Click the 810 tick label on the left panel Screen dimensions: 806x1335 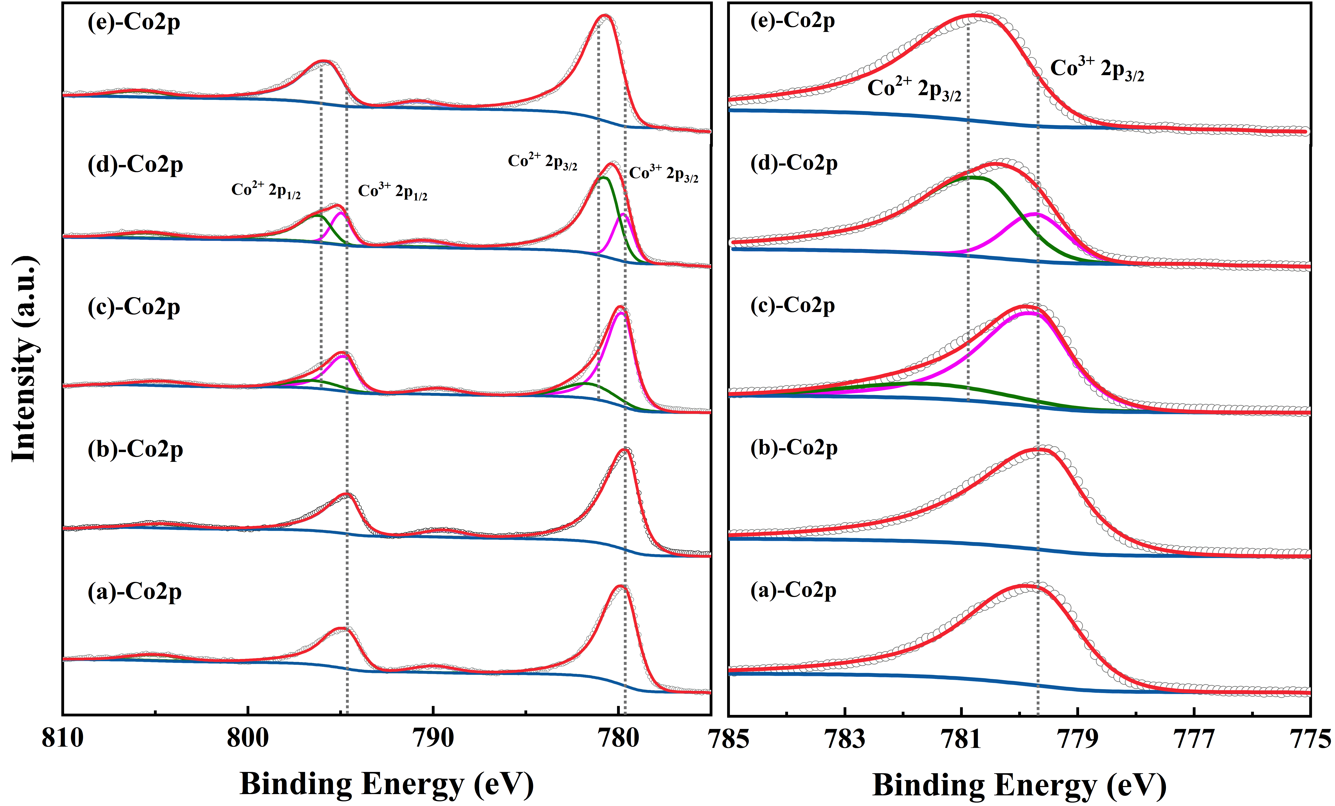tap(63, 738)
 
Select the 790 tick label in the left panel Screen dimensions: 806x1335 tap(433, 738)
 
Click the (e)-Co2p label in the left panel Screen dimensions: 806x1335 tap(134, 23)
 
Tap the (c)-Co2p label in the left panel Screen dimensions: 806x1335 tap(134, 307)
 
